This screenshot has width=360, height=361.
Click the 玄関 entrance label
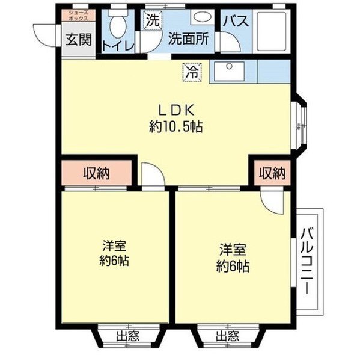pyautogui.click(x=78, y=40)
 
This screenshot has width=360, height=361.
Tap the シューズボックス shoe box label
pyautogui.click(x=78, y=16)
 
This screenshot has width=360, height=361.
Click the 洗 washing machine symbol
pyautogui.click(x=153, y=19)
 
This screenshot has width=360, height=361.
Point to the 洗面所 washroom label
pyautogui.click(x=188, y=39)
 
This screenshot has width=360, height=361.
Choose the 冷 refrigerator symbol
pyautogui.click(x=191, y=71)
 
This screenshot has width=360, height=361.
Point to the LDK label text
pyautogui.click(x=175, y=110)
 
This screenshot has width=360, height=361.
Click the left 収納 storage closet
pyautogui.click(x=96, y=174)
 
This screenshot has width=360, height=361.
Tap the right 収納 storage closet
pyautogui.click(x=272, y=174)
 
